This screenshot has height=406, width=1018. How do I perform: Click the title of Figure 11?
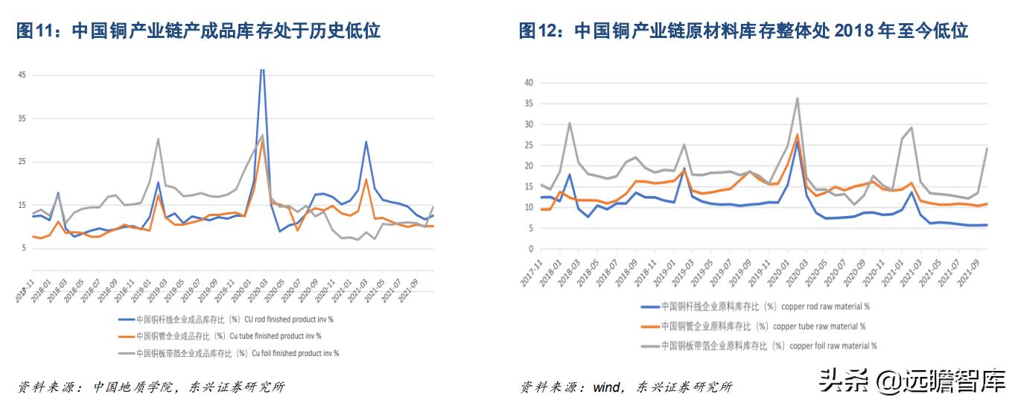coord(198,31)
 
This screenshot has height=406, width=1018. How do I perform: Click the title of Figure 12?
coord(743,31)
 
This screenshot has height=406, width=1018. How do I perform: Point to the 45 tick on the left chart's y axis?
coord(22,75)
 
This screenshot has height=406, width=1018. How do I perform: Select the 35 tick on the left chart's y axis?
coord(22,118)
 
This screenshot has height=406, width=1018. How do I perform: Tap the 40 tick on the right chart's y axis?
coord(529,83)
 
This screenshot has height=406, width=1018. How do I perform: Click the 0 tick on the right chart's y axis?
coord(531,249)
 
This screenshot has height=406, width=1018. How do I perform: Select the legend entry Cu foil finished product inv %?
coord(228,353)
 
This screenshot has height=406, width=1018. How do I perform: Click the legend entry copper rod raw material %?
coord(755,306)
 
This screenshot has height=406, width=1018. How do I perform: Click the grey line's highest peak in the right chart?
coord(797,98)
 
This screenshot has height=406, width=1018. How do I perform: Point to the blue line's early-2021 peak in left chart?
coord(366,142)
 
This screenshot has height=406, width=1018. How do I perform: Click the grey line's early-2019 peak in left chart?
coord(158,139)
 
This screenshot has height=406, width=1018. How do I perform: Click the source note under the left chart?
coord(151,387)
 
